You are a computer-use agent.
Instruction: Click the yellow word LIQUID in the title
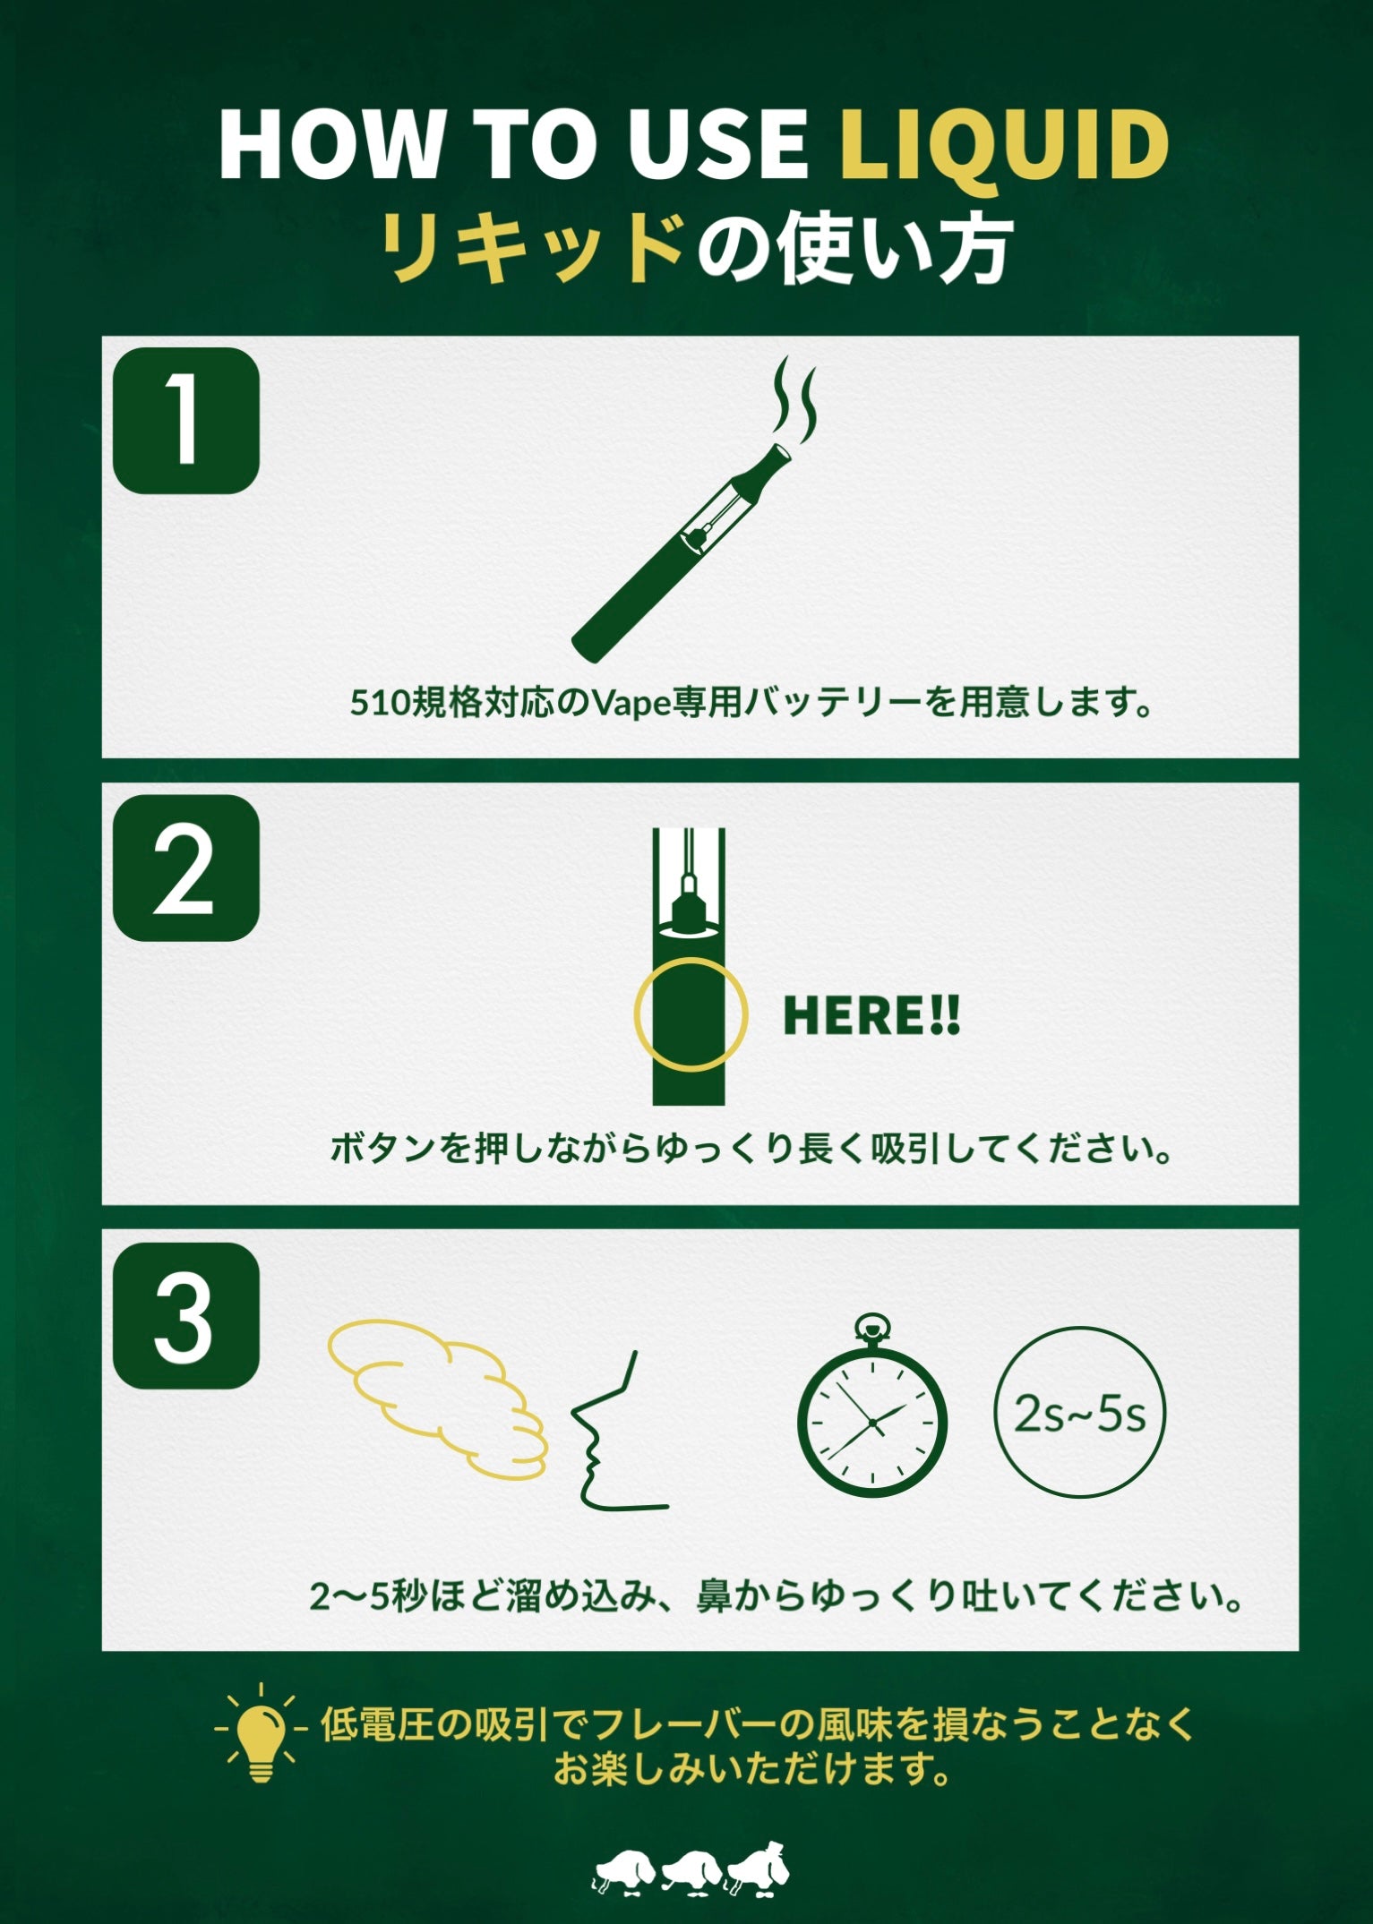pyautogui.click(x=1003, y=146)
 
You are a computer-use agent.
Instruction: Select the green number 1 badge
pyautogui.click(x=186, y=421)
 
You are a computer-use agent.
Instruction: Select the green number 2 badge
pyautogui.click(x=186, y=868)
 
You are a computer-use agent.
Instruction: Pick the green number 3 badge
pyautogui.click(x=186, y=1316)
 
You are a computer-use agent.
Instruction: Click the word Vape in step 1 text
pyautogui.click(x=628, y=703)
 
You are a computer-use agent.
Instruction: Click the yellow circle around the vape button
pyautogui.click(x=691, y=1013)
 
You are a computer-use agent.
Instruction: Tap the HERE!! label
pyautogui.click(x=871, y=1015)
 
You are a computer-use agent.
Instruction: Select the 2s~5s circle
pyautogui.click(x=1080, y=1413)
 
